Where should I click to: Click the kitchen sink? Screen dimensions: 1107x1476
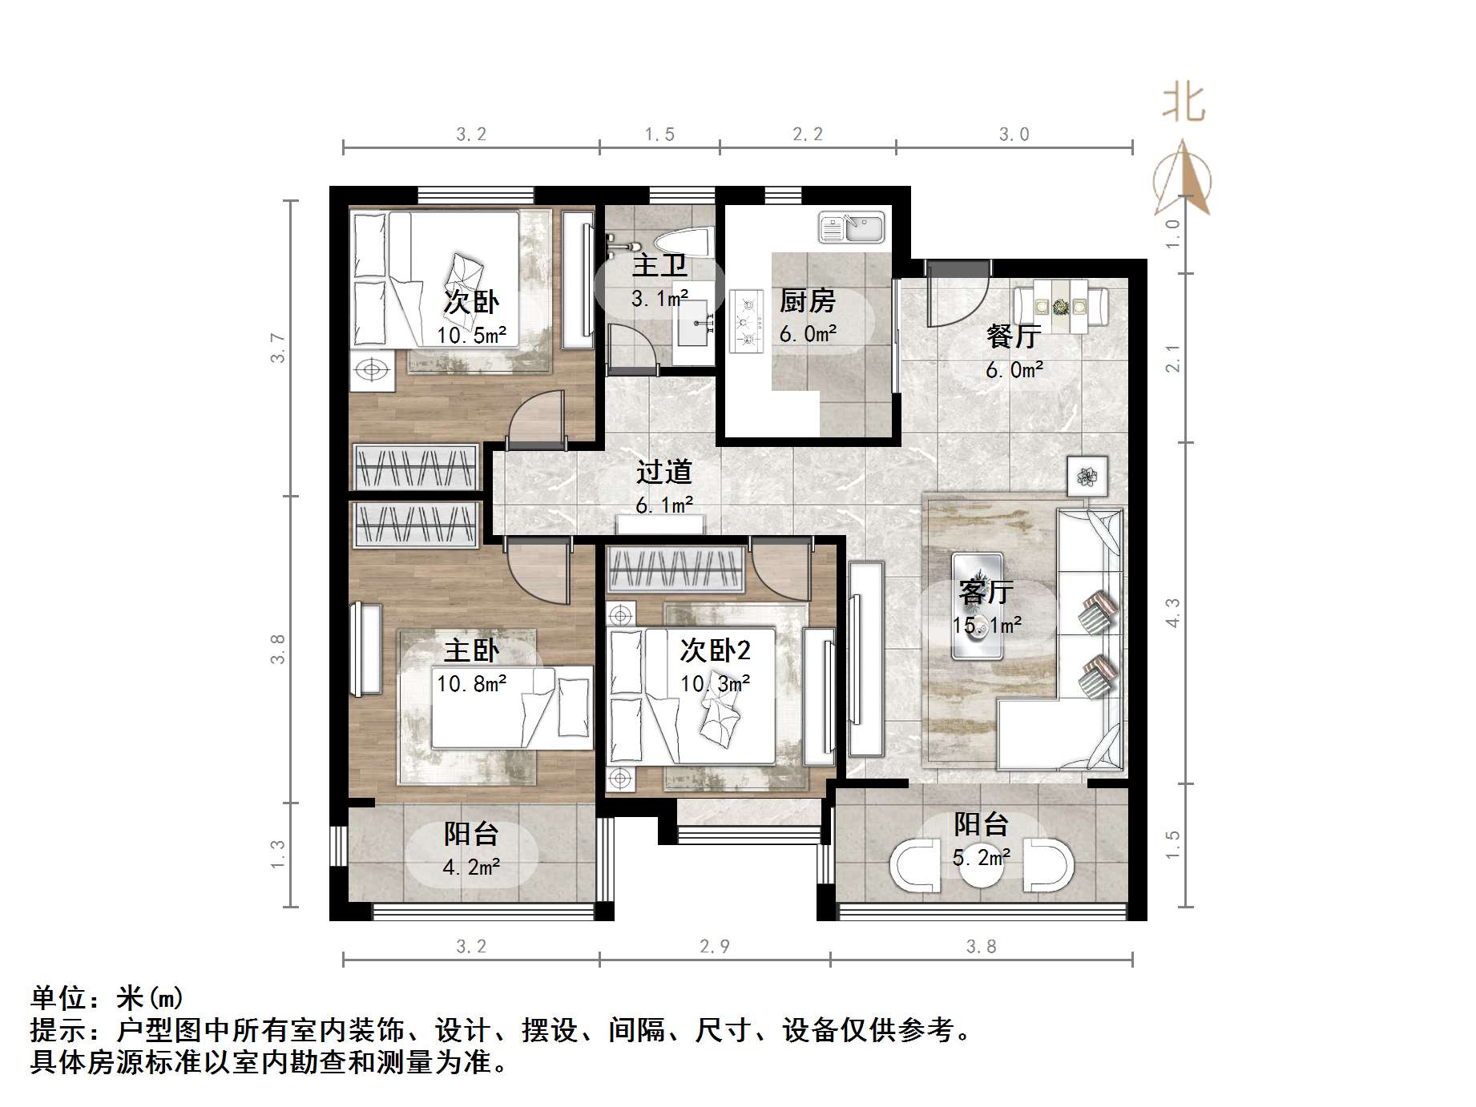coord(851,227)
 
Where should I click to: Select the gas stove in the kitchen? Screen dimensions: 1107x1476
coord(747,321)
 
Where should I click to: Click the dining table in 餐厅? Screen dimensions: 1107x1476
coord(1060,306)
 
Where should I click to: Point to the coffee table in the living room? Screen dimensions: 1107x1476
coord(977,606)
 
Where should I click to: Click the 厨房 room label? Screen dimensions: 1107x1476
coord(807,301)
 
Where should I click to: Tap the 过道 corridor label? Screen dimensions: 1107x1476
coord(663,472)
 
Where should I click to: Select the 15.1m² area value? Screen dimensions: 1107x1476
coord(986,625)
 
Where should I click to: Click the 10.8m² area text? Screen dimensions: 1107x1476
coord(471,683)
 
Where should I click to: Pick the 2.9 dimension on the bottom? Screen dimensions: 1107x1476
coord(715,947)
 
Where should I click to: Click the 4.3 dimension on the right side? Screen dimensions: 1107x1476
coord(1172,613)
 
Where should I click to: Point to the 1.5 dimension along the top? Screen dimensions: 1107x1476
coord(659,135)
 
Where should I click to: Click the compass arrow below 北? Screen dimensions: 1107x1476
coord(1183,180)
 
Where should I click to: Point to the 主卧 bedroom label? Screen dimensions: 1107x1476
coord(471,650)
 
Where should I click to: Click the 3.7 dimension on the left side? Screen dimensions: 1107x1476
coord(278,348)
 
